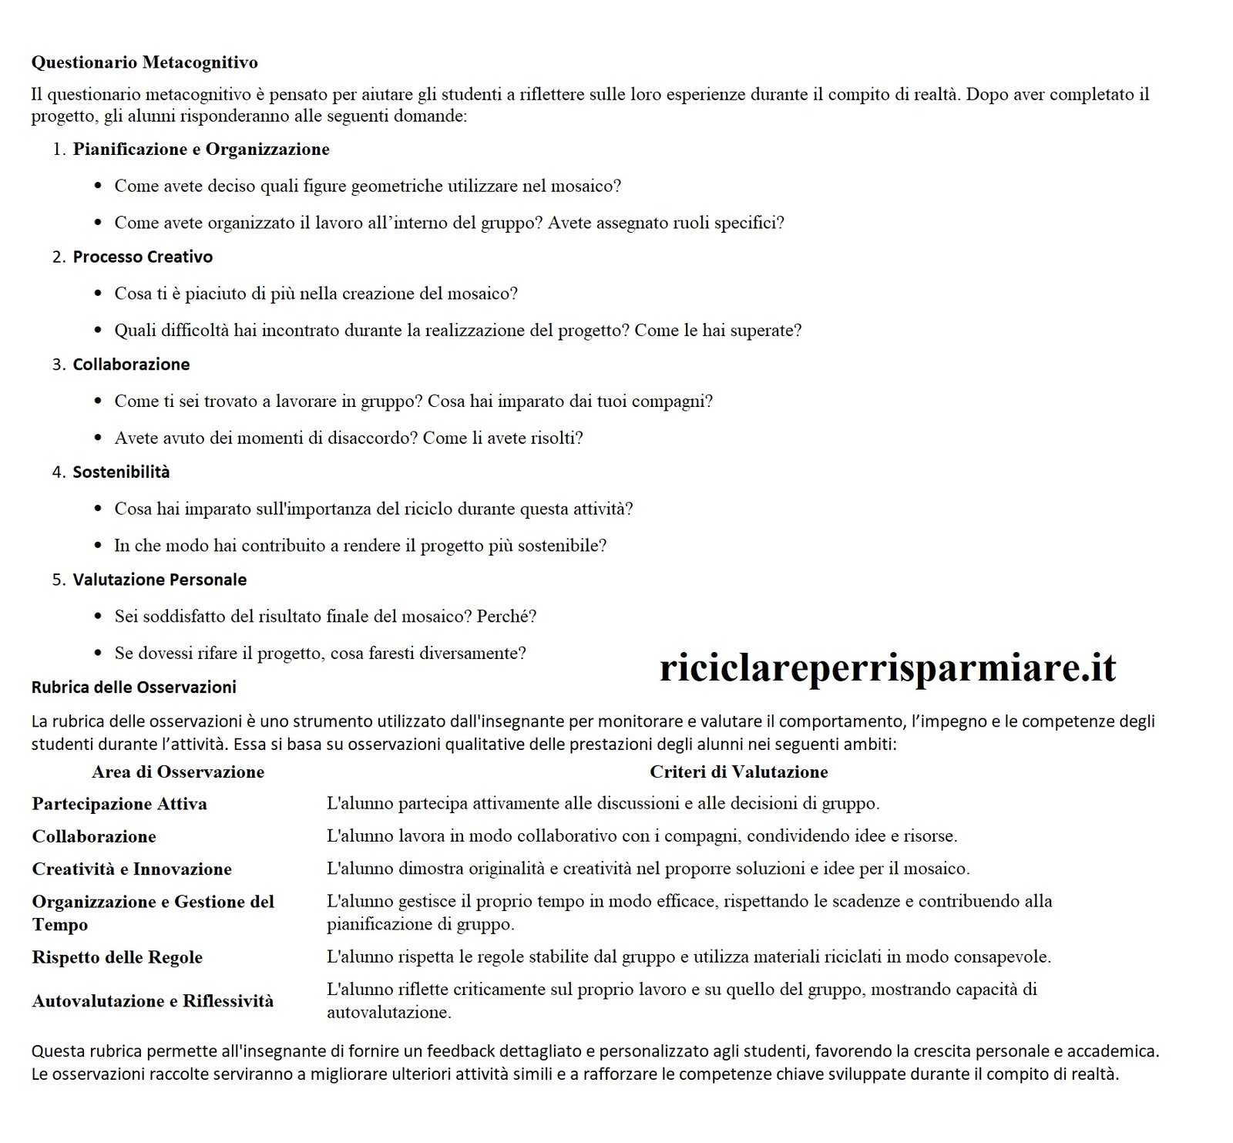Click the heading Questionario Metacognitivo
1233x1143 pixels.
pos(144,62)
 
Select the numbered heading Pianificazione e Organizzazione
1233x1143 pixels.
pos(201,150)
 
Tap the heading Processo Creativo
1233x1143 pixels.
pos(143,257)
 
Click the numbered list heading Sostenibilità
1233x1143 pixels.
pos(121,472)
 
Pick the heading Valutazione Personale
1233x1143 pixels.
pos(160,580)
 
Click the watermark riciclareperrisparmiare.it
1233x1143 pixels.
pos(887,667)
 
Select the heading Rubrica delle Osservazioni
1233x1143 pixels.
pos(133,687)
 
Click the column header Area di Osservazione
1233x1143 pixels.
pos(178,772)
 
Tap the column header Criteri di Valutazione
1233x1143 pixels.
pos(738,772)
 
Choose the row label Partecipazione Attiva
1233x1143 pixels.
pos(119,804)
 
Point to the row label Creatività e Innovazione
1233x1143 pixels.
pos(132,869)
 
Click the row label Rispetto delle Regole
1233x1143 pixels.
pos(117,958)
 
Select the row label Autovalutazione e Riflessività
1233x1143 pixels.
pos(153,1001)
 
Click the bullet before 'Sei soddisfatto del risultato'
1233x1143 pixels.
pos(98,617)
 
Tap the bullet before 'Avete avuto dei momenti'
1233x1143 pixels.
pos(98,439)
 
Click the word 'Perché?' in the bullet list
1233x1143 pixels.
pos(506,617)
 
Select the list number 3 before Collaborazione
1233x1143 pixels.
pos(59,365)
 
